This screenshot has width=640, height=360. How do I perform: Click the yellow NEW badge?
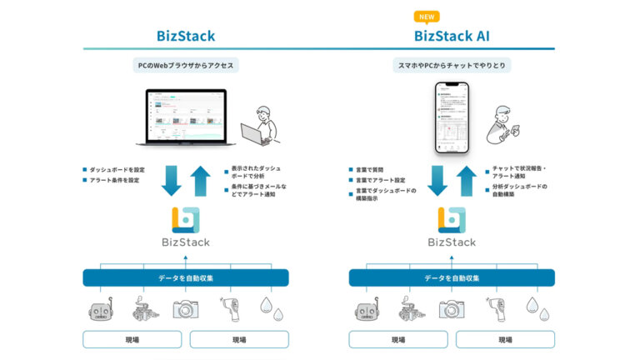click(427, 16)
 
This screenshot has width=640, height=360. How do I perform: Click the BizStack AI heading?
click(452, 36)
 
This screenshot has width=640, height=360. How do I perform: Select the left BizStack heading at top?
click(186, 36)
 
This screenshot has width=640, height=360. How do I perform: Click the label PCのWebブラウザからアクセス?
click(186, 65)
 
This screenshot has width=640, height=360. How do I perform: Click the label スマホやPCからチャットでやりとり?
click(452, 65)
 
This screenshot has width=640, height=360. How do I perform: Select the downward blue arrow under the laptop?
click(171, 179)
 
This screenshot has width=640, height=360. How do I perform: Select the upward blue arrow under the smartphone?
click(468, 179)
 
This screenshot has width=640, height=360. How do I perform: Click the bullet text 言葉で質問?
click(371, 169)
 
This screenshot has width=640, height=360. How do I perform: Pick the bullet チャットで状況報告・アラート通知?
click(518, 173)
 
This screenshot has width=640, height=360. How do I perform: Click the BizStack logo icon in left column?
click(186, 218)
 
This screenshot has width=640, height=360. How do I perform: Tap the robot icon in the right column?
click(362, 309)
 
